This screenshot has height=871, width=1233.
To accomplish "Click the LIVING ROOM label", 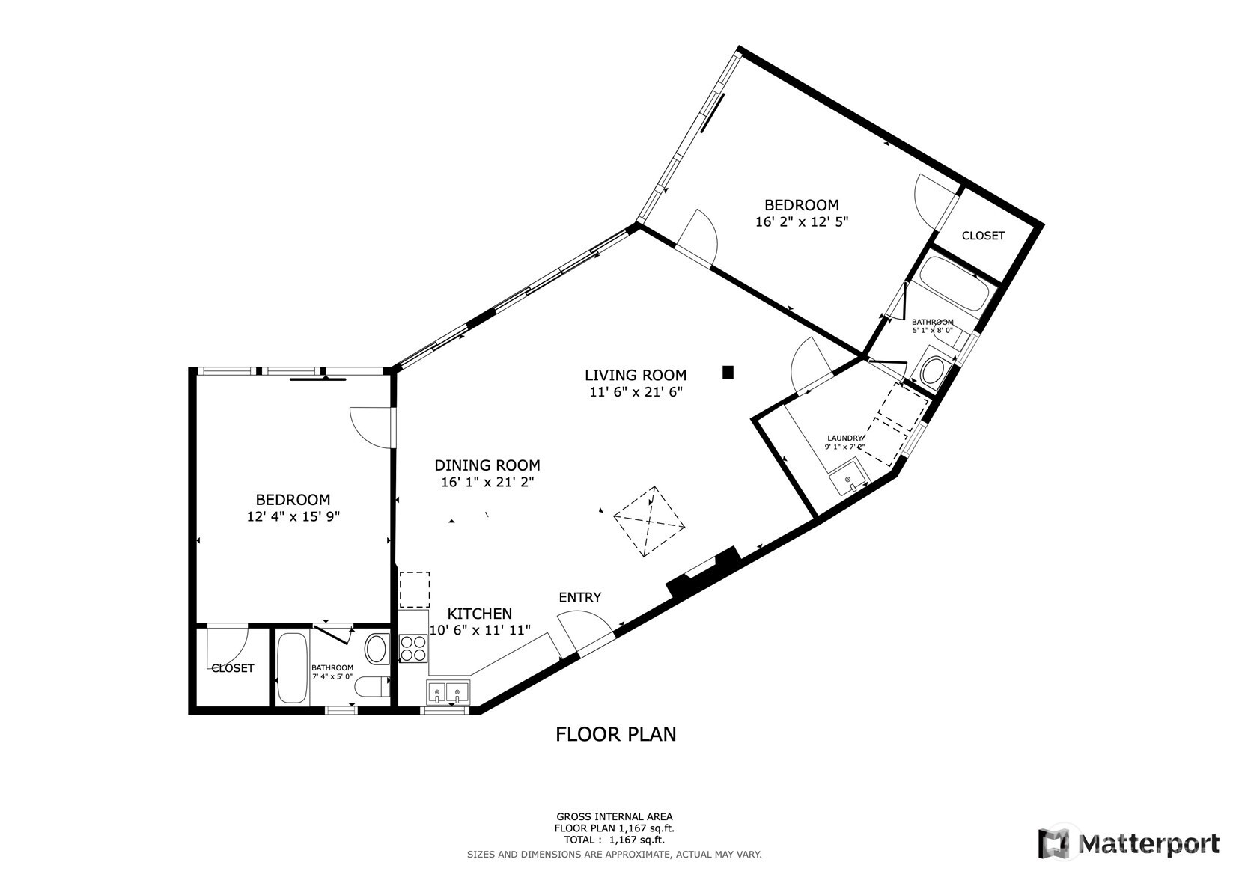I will click(635, 375).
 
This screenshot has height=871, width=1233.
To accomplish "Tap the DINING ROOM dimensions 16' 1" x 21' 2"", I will click(487, 483).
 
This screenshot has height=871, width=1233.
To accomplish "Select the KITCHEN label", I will click(479, 614).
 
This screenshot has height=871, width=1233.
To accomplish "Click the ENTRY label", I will click(579, 597).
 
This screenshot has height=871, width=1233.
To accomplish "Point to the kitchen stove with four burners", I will click(412, 648).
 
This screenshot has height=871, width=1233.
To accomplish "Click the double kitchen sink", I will click(448, 694).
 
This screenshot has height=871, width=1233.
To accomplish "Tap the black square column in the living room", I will click(728, 372).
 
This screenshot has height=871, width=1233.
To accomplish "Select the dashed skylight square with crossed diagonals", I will click(649, 521).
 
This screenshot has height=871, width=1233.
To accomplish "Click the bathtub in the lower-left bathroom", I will click(292, 667).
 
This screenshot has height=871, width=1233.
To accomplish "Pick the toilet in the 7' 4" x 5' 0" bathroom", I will click(370, 687).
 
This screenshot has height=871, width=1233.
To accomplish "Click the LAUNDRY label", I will click(844, 438).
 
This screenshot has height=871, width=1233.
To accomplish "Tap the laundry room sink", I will click(848, 479).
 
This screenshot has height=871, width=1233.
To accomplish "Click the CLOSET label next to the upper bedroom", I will click(982, 236).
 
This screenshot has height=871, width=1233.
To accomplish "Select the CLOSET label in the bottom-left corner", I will click(232, 668).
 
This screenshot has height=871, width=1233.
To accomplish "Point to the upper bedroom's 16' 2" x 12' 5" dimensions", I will click(801, 222).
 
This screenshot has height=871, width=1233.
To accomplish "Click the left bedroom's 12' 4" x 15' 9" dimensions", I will click(293, 516).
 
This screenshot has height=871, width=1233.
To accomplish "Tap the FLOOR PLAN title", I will click(615, 734).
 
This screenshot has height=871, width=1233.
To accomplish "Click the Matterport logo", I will click(1128, 843).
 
